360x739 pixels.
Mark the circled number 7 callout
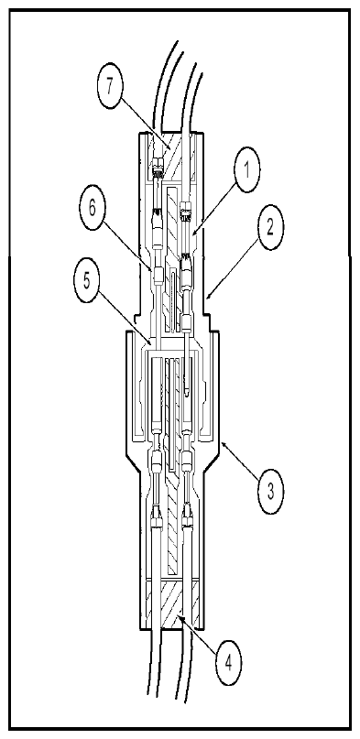tap(110, 88)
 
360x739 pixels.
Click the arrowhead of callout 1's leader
tap(191, 234)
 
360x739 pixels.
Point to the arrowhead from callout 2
tap(206, 299)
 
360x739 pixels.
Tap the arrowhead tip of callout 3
tap(222, 441)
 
